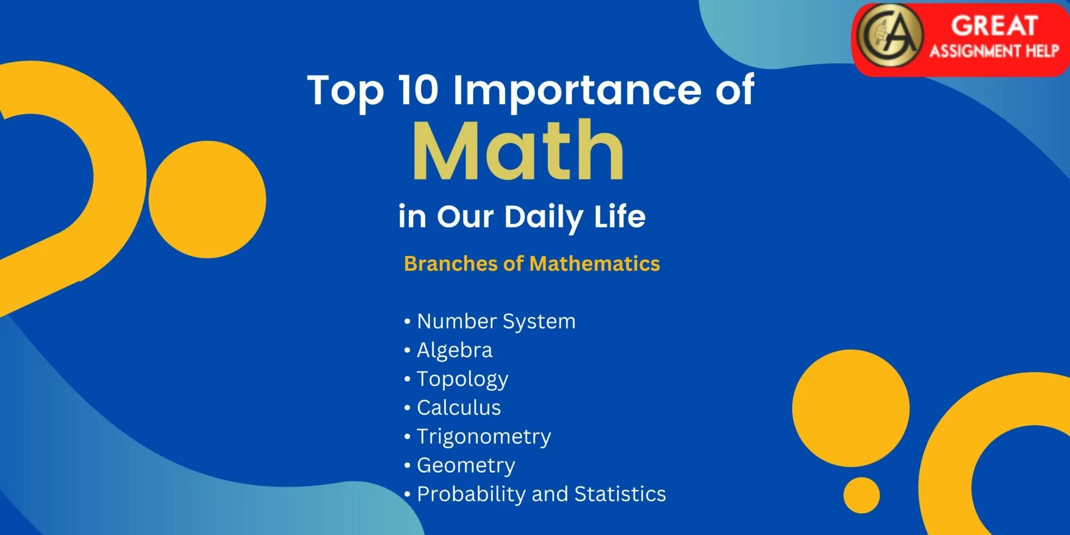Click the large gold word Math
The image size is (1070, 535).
[518, 150]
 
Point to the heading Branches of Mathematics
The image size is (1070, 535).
[532, 264]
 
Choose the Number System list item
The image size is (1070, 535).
[496, 322]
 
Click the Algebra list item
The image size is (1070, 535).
[455, 351]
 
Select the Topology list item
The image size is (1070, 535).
[463, 380]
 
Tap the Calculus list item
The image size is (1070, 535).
[459, 408]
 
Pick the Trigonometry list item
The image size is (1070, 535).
[484, 437]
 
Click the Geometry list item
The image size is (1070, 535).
[466, 466]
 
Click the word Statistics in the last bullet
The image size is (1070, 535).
[620, 494]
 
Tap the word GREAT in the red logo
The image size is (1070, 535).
[994, 26]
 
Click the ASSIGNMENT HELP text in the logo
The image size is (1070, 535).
[994, 51]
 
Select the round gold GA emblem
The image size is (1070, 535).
[890, 36]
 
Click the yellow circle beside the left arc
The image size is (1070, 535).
[207, 200]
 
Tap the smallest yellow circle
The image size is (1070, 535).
[862, 495]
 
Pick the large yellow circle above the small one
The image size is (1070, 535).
[851, 408]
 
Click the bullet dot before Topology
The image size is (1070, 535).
[407, 379]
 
